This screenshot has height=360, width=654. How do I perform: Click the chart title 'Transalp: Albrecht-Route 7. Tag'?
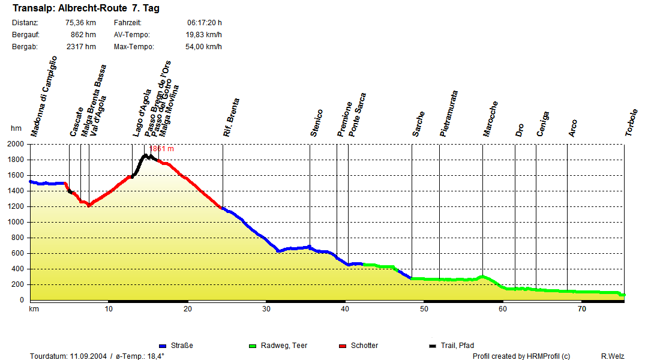86,8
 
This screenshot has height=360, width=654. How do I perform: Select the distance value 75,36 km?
80,23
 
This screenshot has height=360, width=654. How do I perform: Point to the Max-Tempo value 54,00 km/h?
203,47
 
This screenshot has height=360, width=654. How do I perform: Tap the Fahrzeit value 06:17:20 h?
205,23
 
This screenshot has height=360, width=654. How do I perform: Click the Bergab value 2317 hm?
82,47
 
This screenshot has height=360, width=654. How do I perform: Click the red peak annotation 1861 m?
162,149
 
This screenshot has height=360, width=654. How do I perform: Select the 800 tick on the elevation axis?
18,238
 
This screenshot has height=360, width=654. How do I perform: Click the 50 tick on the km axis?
424,309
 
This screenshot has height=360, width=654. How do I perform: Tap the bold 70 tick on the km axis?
581,309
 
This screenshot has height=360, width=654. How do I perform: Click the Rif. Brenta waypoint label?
232,118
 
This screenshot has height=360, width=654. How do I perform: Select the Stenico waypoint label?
317,123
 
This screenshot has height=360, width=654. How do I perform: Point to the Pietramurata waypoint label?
449,114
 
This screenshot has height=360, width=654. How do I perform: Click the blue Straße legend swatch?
163,346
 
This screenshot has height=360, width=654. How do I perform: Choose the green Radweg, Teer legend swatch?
253,346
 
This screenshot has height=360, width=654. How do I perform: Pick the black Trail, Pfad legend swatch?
433,346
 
